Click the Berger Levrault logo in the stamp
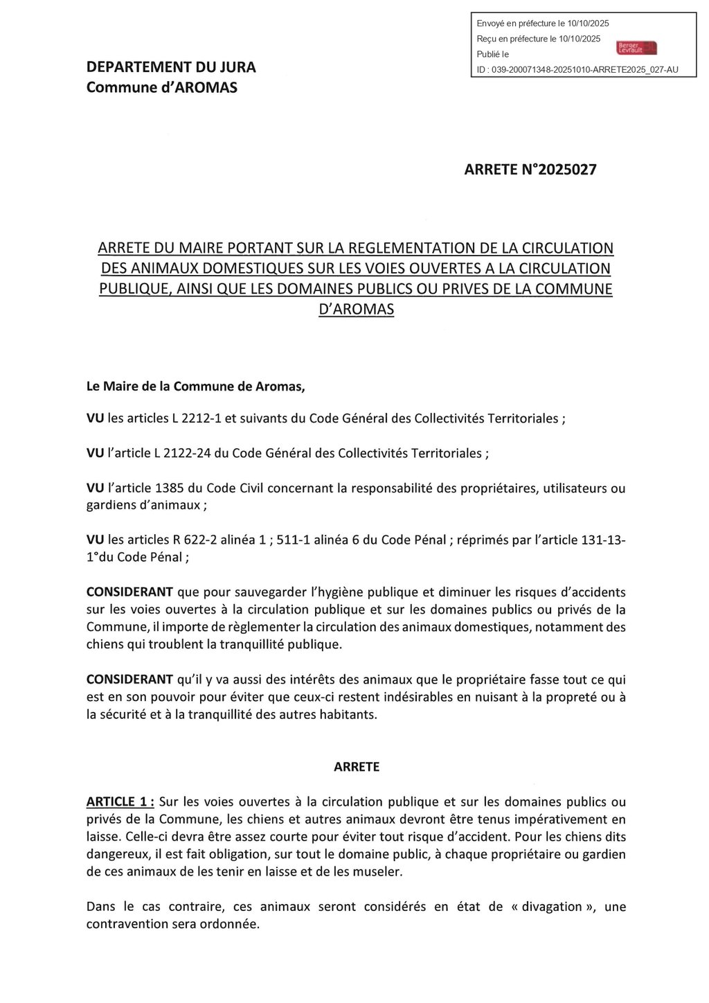[x=636, y=47]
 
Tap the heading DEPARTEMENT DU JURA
[x=171, y=67]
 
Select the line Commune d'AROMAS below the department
[x=161, y=87]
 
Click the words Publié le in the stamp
[x=492, y=54]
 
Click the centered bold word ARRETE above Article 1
[x=357, y=767]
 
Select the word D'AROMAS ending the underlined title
[x=356, y=309]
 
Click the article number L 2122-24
[x=176, y=453]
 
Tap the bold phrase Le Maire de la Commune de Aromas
[x=195, y=387]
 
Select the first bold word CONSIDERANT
[x=129, y=592]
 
